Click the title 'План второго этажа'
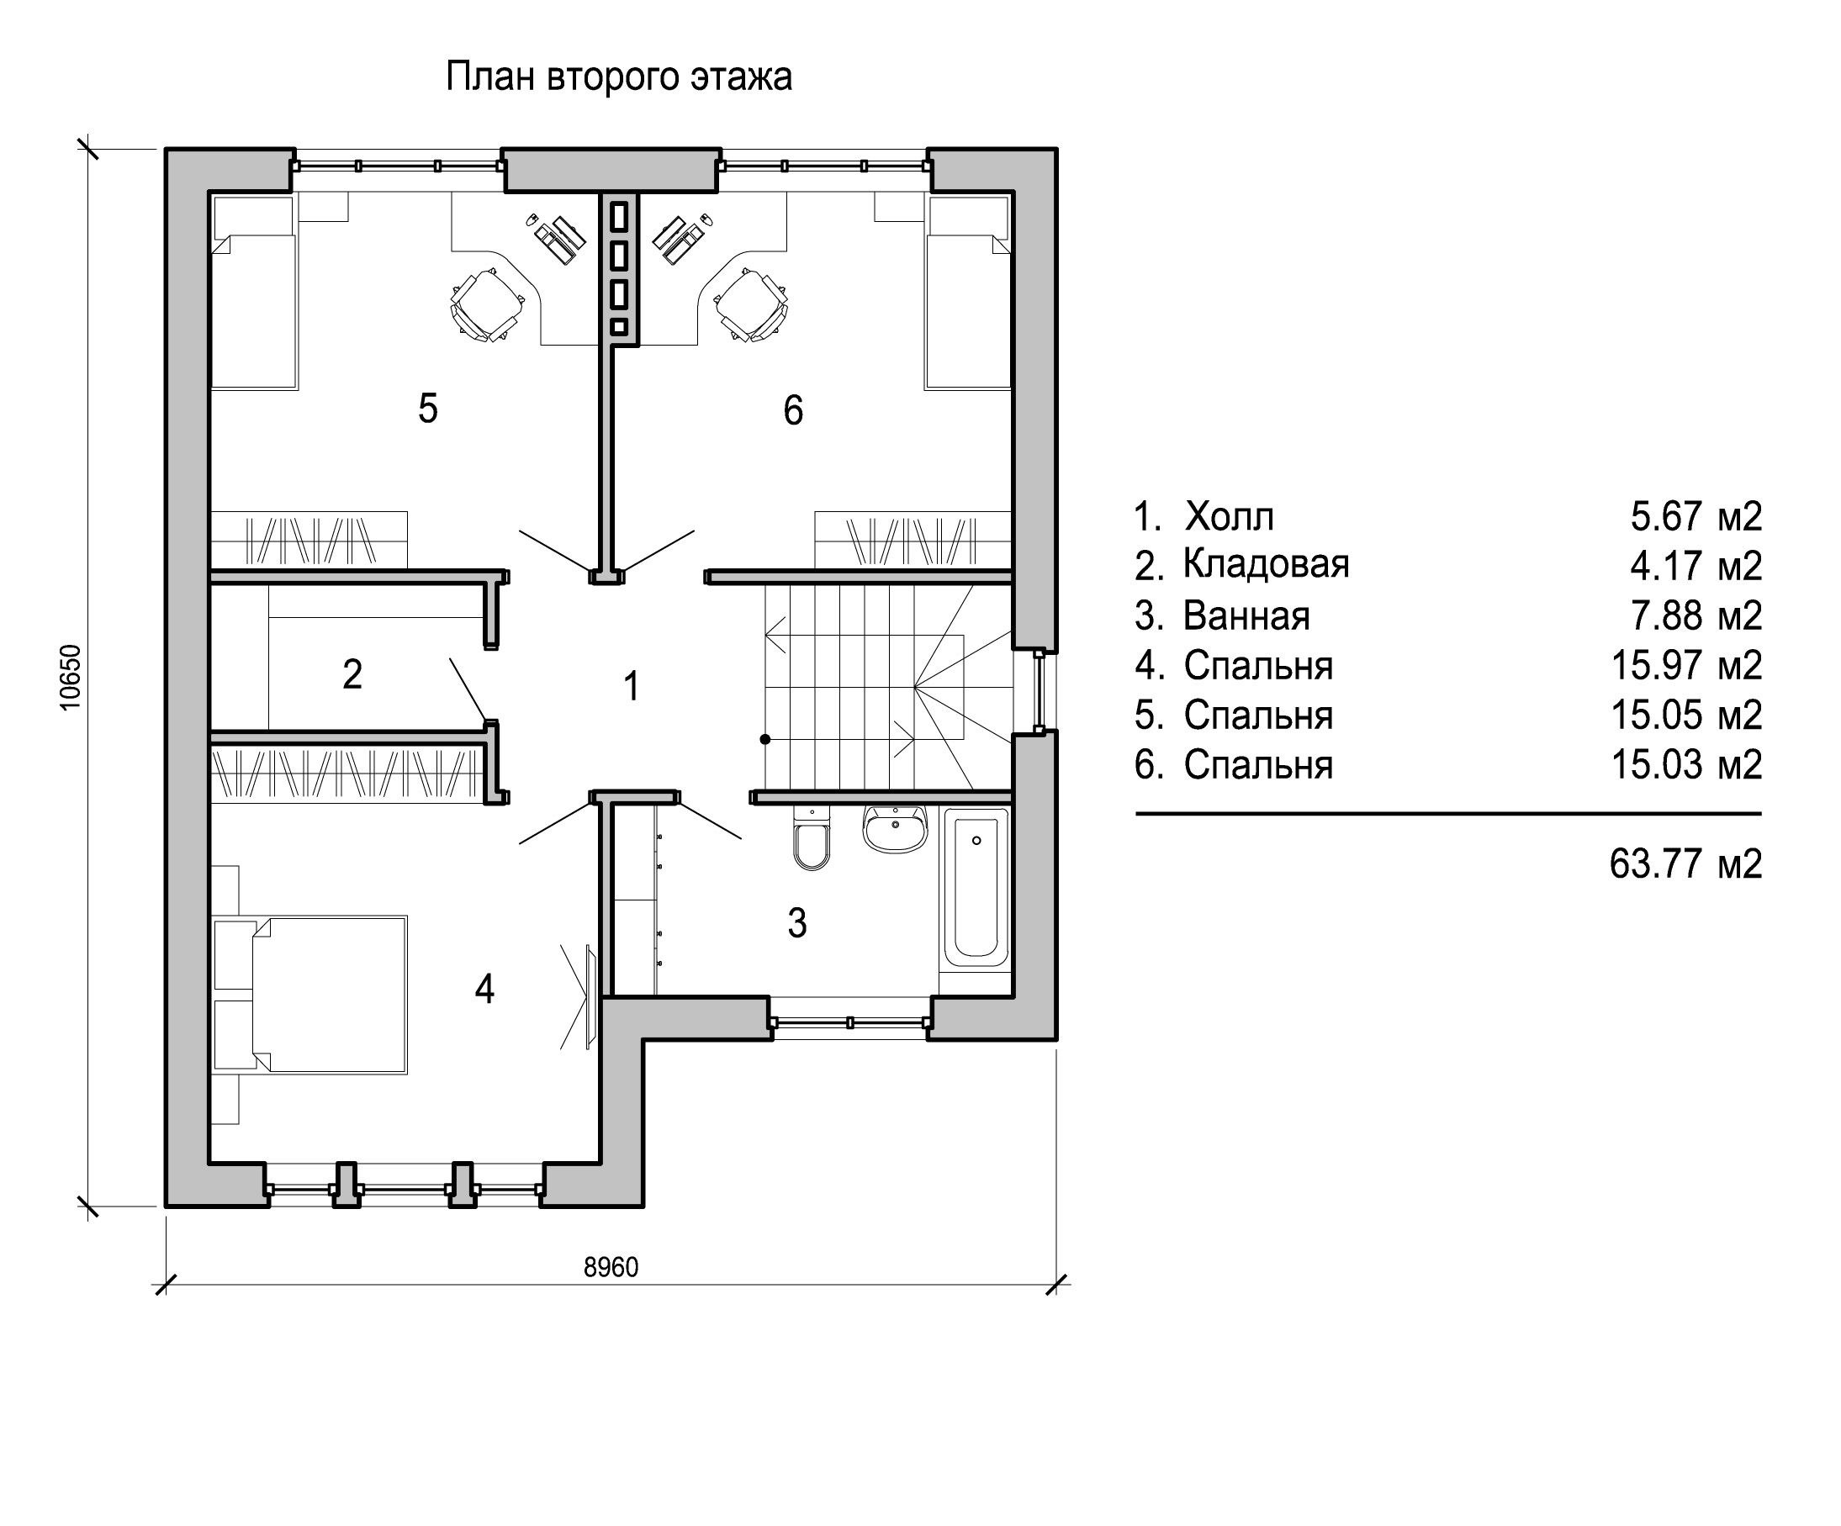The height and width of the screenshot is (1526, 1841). [619, 77]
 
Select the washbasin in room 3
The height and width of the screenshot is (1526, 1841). [894, 829]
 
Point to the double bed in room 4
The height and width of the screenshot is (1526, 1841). [330, 994]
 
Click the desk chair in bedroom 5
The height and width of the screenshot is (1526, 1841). [484, 305]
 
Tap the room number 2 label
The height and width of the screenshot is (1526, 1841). [352, 674]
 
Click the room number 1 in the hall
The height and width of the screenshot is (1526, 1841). [632, 686]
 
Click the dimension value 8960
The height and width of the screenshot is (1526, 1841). [611, 1267]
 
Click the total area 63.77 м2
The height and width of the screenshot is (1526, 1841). [1685, 864]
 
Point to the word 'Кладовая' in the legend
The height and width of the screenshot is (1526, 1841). [1266, 563]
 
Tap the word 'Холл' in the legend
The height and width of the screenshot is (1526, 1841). [1229, 516]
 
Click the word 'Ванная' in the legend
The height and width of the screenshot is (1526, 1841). [1246, 615]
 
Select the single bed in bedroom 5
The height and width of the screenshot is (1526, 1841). [252, 292]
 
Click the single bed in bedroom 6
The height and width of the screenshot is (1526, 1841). [968, 292]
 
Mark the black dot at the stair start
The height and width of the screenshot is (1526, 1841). [765, 740]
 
